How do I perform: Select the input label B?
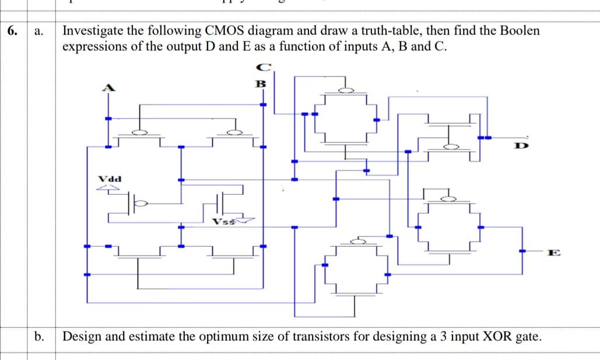coord(262,83)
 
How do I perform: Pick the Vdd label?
coord(109,179)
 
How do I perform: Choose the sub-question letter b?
coord(40,337)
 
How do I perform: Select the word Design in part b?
coord(80,337)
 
